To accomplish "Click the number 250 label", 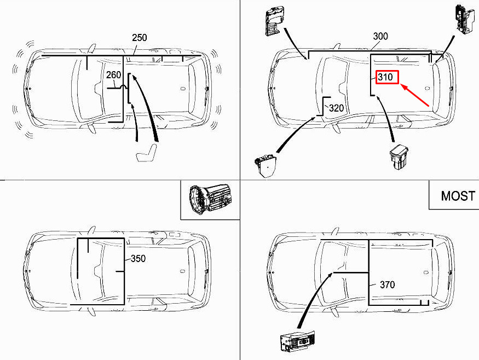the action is (x=139, y=38).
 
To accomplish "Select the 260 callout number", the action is (x=114, y=75).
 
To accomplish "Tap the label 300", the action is (x=380, y=36).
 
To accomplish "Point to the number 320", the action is (x=336, y=108).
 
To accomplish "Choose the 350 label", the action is (x=138, y=259).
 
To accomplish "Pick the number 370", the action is (x=388, y=285).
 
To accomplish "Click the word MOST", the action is (x=458, y=196).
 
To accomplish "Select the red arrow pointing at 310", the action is (x=415, y=95).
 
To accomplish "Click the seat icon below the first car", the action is (x=147, y=152).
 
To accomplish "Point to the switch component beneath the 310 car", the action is (x=399, y=156).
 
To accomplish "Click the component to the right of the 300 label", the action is (x=464, y=18).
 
